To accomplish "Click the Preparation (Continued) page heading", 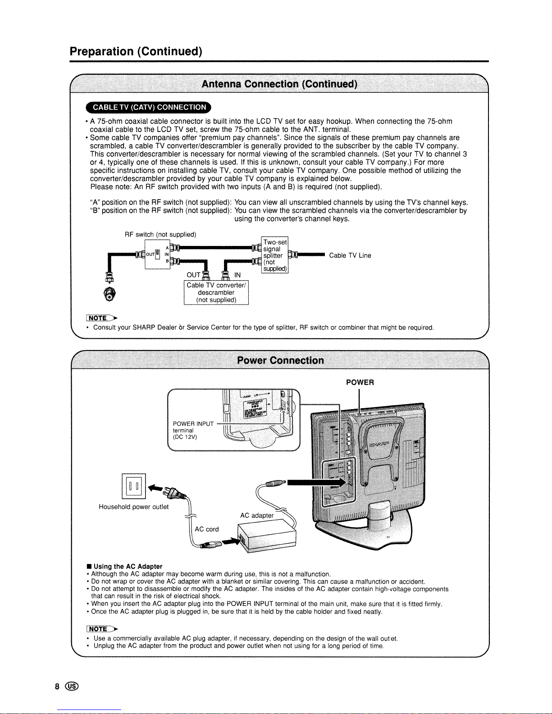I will (x=136, y=51).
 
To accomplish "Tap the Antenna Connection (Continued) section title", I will (x=279, y=84).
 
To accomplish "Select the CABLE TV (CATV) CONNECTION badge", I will (x=149, y=107).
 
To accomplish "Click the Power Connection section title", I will (x=280, y=360).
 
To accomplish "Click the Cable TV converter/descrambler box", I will (x=216, y=292).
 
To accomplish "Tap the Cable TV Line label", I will (x=350, y=256).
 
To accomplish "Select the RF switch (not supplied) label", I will (x=160, y=234).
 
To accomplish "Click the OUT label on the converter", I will (x=193, y=275).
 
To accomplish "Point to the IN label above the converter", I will (x=237, y=275).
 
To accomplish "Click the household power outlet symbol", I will (x=134, y=487).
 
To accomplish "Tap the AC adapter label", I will (x=257, y=515).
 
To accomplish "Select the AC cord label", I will (x=207, y=529).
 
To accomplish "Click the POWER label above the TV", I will (x=360, y=382).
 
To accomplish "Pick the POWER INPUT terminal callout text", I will (x=193, y=430).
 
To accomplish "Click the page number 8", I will (x=57, y=687).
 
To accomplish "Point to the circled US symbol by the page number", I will (x=72, y=687).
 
